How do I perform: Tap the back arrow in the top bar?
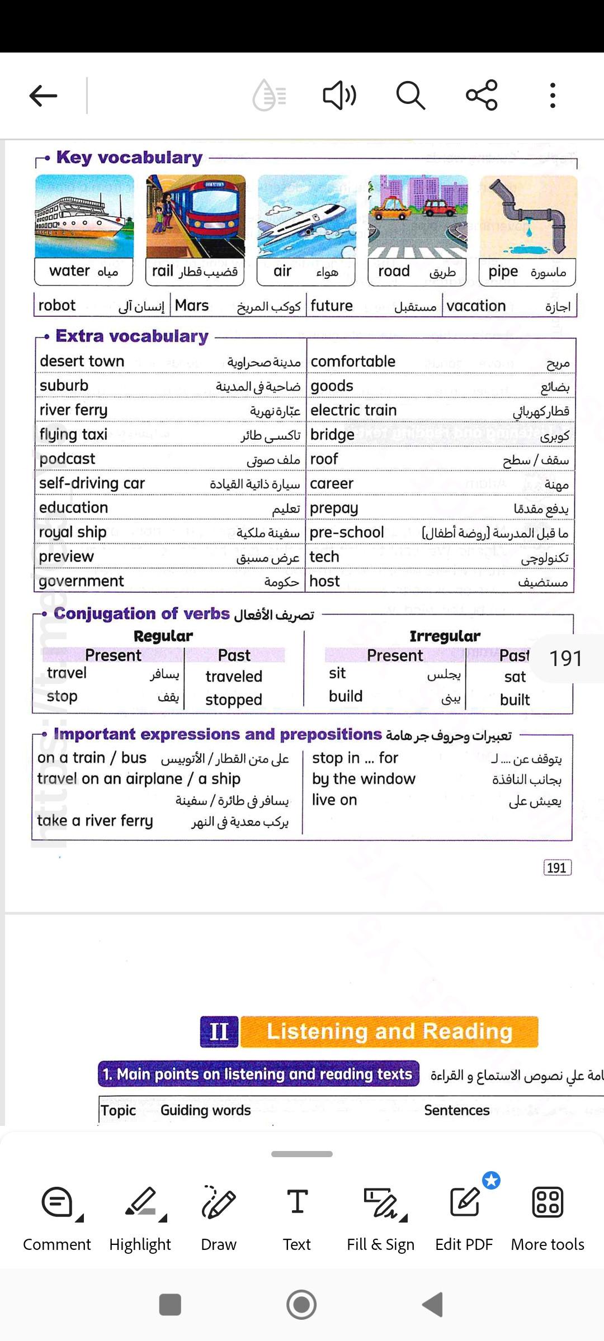pyautogui.click(x=44, y=96)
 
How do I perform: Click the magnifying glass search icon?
pyautogui.click(x=410, y=96)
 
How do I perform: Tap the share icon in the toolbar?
pyautogui.click(x=482, y=96)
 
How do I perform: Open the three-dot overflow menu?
pyautogui.click(x=553, y=96)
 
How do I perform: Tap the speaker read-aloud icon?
pyautogui.click(x=339, y=96)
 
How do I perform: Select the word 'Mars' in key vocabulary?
pyautogui.click(x=192, y=306)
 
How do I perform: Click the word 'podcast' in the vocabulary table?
pyautogui.click(x=67, y=459)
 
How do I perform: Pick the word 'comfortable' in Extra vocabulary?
pyautogui.click(x=353, y=362)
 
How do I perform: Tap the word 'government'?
pyautogui.click(x=82, y=581)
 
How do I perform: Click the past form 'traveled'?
pyautogui.click(x=234, y=677)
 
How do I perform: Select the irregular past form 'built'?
pyautogui.click(x=515, y=700)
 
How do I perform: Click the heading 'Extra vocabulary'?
pyautogui.click(x=132, y=336)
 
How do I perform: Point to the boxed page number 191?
pyautogui.click(x=557, y=868)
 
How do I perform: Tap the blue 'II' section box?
pyautogui.click(x=219, y=1031)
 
